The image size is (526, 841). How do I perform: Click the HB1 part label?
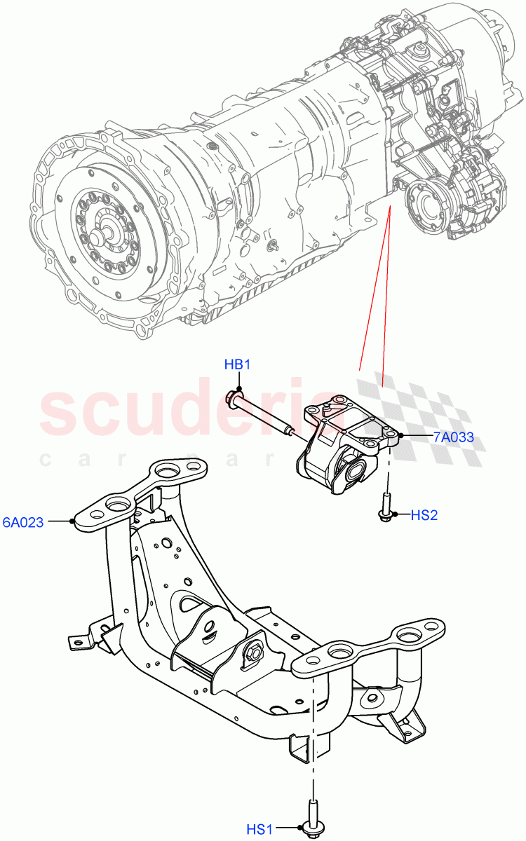pos(237,364)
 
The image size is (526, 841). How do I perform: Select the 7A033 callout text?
pos(453,437)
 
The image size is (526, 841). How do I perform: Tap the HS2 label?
pos(424,515)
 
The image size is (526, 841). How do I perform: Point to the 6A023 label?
pos(25,521)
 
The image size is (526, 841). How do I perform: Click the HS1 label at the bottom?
pos(259,830)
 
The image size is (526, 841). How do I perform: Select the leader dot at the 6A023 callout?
pos(73,521)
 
